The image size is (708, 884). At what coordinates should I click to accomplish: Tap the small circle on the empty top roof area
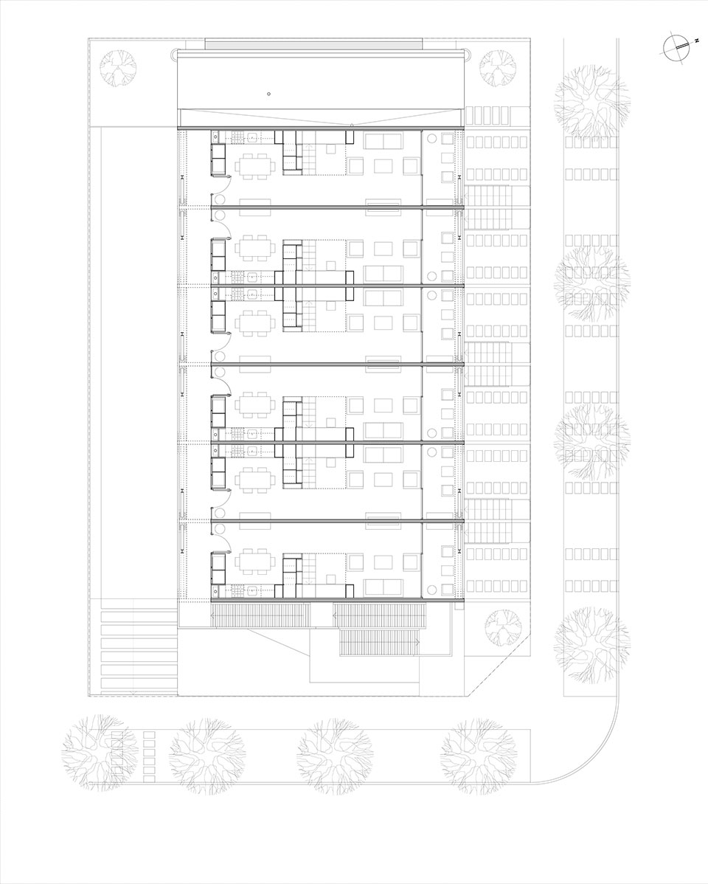tap(269, 94)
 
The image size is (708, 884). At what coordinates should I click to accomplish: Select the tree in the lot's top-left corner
tap(119, 68)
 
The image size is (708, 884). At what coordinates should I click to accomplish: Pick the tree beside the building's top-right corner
tap(499, 68)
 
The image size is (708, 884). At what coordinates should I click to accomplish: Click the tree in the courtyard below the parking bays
tap(504, 626)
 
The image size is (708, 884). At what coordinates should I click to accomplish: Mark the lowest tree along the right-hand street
tap(592, 643)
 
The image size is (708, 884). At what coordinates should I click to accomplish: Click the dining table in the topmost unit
tap(257, 166)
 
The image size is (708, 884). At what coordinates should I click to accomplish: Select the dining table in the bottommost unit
tap(257, 564)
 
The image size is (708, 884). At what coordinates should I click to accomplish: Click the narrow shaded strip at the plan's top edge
tap(313, 44)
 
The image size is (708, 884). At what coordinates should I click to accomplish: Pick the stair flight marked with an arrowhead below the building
tap(379, 643)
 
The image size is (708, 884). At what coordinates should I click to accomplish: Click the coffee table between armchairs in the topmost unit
tap(383, 166)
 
